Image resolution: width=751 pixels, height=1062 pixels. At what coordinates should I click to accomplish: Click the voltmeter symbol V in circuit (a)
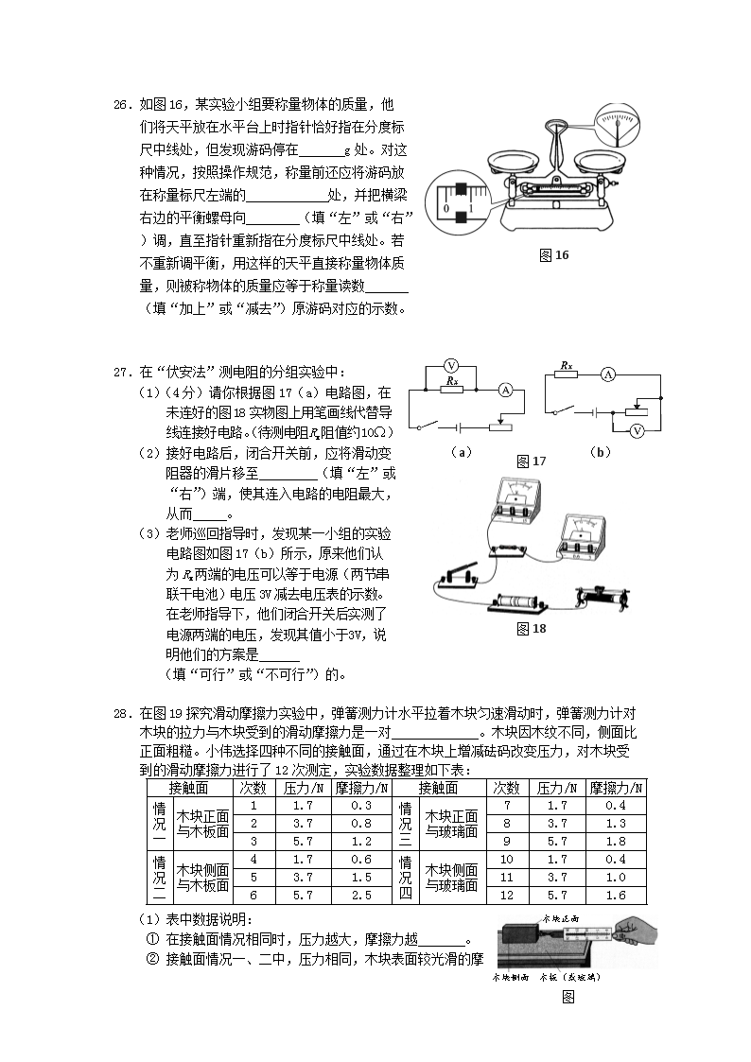pos(451,366)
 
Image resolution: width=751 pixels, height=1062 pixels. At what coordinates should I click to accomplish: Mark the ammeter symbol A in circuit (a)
pos(505,389)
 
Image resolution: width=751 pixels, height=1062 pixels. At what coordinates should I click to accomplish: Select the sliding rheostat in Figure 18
pos(604,596)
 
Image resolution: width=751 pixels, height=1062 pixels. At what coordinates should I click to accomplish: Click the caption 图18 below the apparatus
pos(532,628)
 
